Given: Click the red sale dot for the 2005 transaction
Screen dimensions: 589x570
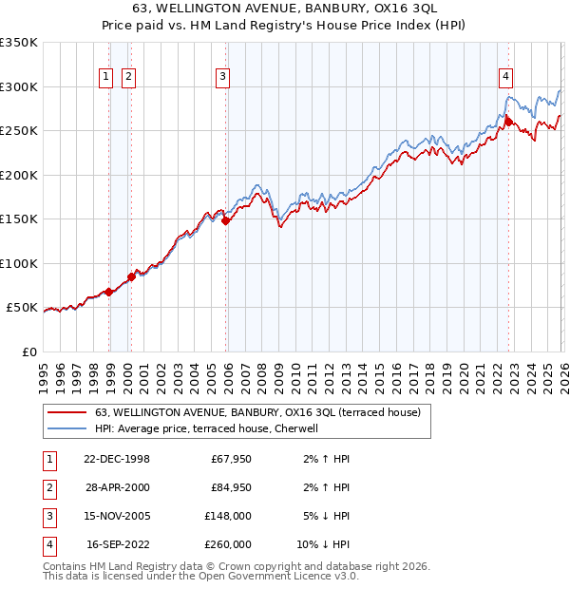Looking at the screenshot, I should (225, 221).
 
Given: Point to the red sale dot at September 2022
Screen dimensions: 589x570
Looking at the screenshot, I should (508, 122).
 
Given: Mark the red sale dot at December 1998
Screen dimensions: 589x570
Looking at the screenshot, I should (109, 292).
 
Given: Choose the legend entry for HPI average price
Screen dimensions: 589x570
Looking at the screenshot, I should (212, 428).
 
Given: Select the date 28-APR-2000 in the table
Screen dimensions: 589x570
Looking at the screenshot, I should (119, 486).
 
